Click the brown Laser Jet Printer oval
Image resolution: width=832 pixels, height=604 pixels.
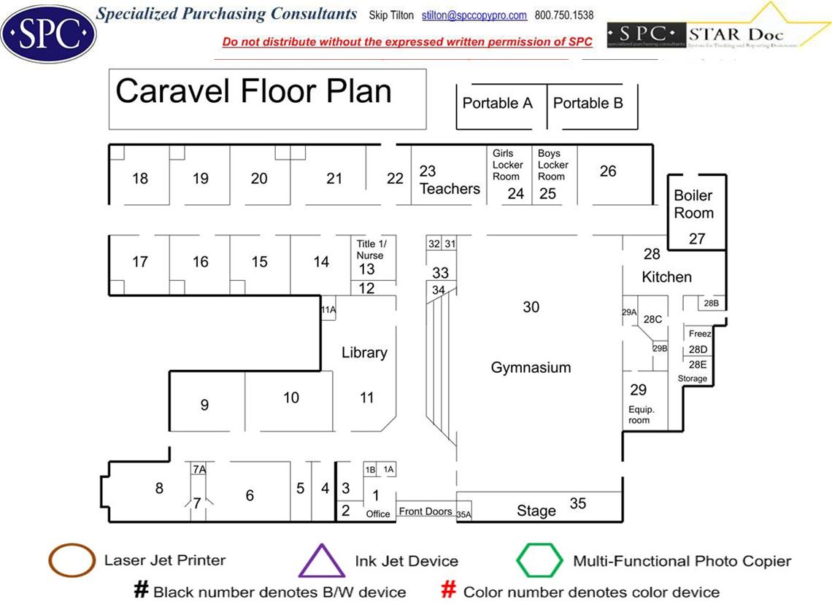(71, 560)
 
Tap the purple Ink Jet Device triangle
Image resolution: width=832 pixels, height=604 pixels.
(322, 562)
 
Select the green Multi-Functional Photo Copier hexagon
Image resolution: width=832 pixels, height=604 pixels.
(539, 560)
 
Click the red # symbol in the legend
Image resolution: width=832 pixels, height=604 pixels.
(450, 590)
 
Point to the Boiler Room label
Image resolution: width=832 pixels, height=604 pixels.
(693, 204)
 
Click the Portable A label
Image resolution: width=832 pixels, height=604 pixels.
(498, 103)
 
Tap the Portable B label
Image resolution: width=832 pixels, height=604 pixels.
(588, 103)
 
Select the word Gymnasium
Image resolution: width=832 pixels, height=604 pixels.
(531, 367)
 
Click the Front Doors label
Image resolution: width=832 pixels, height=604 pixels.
(425, 511)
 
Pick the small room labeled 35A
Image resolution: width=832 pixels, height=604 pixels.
(463, 514)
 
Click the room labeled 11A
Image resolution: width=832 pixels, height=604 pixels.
(328, 310)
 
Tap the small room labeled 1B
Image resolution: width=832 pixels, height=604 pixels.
(371, 470)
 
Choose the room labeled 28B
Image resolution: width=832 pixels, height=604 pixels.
(711, 303)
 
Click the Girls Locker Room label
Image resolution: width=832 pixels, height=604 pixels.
(507, 165)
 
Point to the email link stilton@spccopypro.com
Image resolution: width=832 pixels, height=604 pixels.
(474, 15)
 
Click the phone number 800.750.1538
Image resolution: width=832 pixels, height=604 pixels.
(564, 15)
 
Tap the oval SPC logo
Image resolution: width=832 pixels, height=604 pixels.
(48, 31)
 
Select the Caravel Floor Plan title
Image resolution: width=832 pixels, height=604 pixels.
(254, 92)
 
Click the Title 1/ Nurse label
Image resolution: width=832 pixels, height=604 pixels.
(370, 249)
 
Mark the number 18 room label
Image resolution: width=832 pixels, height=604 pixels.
(140, 178)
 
